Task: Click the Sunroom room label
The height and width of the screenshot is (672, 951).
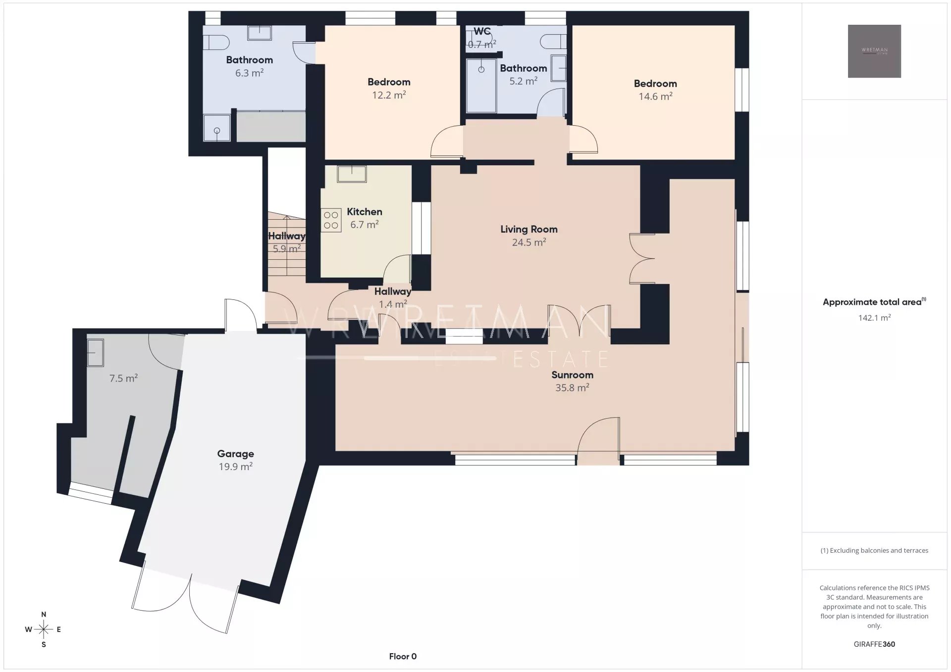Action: point(572,375)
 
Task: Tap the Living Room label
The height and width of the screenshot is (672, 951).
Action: point(528,229)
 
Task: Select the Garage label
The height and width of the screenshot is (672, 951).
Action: point(235,454)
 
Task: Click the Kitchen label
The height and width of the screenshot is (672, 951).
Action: point(364,212)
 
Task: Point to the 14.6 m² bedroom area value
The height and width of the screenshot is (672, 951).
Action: point(655,96)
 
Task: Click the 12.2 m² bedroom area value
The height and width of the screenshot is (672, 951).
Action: point(389,95)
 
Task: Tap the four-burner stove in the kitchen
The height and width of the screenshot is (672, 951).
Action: point(331,220)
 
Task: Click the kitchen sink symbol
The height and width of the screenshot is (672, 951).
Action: point(352,174)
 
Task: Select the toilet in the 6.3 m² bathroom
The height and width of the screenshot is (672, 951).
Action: point(215,42)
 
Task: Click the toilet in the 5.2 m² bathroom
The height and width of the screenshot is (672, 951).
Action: point(553,41)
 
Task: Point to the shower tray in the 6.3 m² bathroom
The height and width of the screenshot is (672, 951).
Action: point(217,128)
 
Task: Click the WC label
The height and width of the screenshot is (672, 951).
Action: point(482,31)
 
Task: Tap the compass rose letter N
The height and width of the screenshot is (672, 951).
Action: point(44,615)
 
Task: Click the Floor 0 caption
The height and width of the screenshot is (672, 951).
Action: point(403,656)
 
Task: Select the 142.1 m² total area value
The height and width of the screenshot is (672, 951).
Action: point(874,318)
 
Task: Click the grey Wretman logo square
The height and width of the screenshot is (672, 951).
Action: point(874,51)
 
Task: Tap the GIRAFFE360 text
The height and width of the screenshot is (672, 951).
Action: point(874,644)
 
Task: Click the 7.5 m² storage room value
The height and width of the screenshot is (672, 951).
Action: point(123,378)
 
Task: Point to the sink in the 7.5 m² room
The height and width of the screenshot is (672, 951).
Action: point(96,352)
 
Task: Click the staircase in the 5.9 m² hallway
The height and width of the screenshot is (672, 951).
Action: point(287,244)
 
